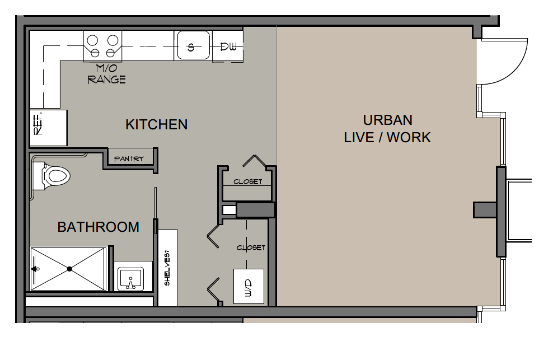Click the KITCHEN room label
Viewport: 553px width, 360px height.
(x=157, y=125)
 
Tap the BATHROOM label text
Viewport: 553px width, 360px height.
(x=99, y=227)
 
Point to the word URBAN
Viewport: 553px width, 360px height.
(x=387, y=120)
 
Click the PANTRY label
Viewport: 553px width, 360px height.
(x=129, y=159)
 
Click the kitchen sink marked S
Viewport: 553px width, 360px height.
(x=193, y=45)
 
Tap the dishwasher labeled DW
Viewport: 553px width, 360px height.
(x=228, y=46)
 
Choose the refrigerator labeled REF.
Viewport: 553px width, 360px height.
(x=48, y=128)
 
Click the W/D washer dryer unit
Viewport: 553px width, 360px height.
(x=249, y=286)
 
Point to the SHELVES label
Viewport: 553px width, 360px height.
(x=167, y=268)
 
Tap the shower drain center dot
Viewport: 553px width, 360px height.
(x=69, y=269)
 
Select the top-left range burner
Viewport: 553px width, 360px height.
(x=92, y=40)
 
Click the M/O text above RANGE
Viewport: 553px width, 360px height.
(x=106, y=68)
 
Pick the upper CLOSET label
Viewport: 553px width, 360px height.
(x=248, y=182)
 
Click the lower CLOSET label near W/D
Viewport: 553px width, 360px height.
(x=251, y=248)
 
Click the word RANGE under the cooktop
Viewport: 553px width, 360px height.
(x=106, y=80)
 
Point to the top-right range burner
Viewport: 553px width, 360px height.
(x=113, y=40)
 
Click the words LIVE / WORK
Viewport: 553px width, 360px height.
(x=387, y=137)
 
